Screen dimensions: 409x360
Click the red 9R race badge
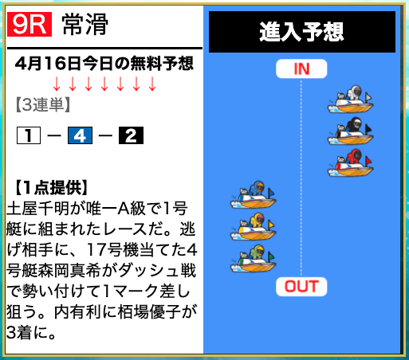pyautogui.click(x=29, y=24)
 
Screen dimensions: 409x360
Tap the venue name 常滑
pyautogui.click(x=85, y=25)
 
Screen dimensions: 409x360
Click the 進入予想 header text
pyautogui.click(x=301, y=32)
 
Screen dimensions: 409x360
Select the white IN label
pyautogui.click(x=301, y=68)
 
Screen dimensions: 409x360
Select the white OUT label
pyautogui.click(x=301, y=287)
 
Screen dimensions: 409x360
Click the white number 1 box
pyautogui.click(x=29, y=135)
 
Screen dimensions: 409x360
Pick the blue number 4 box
pyautogui.click(x=80, y=135)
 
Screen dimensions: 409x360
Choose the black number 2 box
pyautogui.click(x=131, y=135)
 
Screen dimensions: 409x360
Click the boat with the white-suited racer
pyautogui.click(x=350, y=100)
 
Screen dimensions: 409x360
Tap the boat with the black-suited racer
pyautogui.click(x=350, y=131)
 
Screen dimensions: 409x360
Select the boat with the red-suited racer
pyautogui.click(x=350, y=162)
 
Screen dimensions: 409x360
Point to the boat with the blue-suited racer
pyautogui.click(x=253, y=194)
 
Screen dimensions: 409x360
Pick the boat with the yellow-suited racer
pyautogui.click(x=253, y=226)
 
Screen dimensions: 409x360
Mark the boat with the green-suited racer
pyautogui.click(x=253, y=258)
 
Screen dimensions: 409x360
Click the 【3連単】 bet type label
pyautogui.click(x=42, y=104)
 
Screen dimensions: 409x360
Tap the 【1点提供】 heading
pyautogui.click(x=50, y=188)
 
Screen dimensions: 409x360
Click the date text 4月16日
pyautogui.click(x=48, y=64)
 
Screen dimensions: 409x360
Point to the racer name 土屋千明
pyautogui.click(x=37, y=209)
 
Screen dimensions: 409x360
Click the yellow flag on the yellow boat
pyautogui.click(x=271, y=225)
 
